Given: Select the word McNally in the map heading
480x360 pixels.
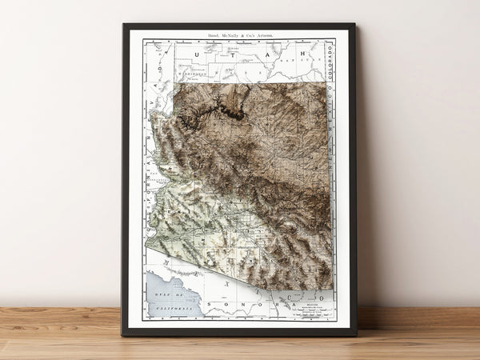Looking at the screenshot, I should point(232,36).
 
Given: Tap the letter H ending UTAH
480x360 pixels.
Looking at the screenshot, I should point(302,55).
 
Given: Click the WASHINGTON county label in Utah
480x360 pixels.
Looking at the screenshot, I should point(192,78).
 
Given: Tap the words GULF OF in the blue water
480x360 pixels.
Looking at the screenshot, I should point(163,297).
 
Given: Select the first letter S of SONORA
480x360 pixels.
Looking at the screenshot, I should point(210,305).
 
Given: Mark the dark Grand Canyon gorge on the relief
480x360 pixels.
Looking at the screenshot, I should point(232,112).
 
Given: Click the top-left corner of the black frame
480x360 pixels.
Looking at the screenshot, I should point(124,25).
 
